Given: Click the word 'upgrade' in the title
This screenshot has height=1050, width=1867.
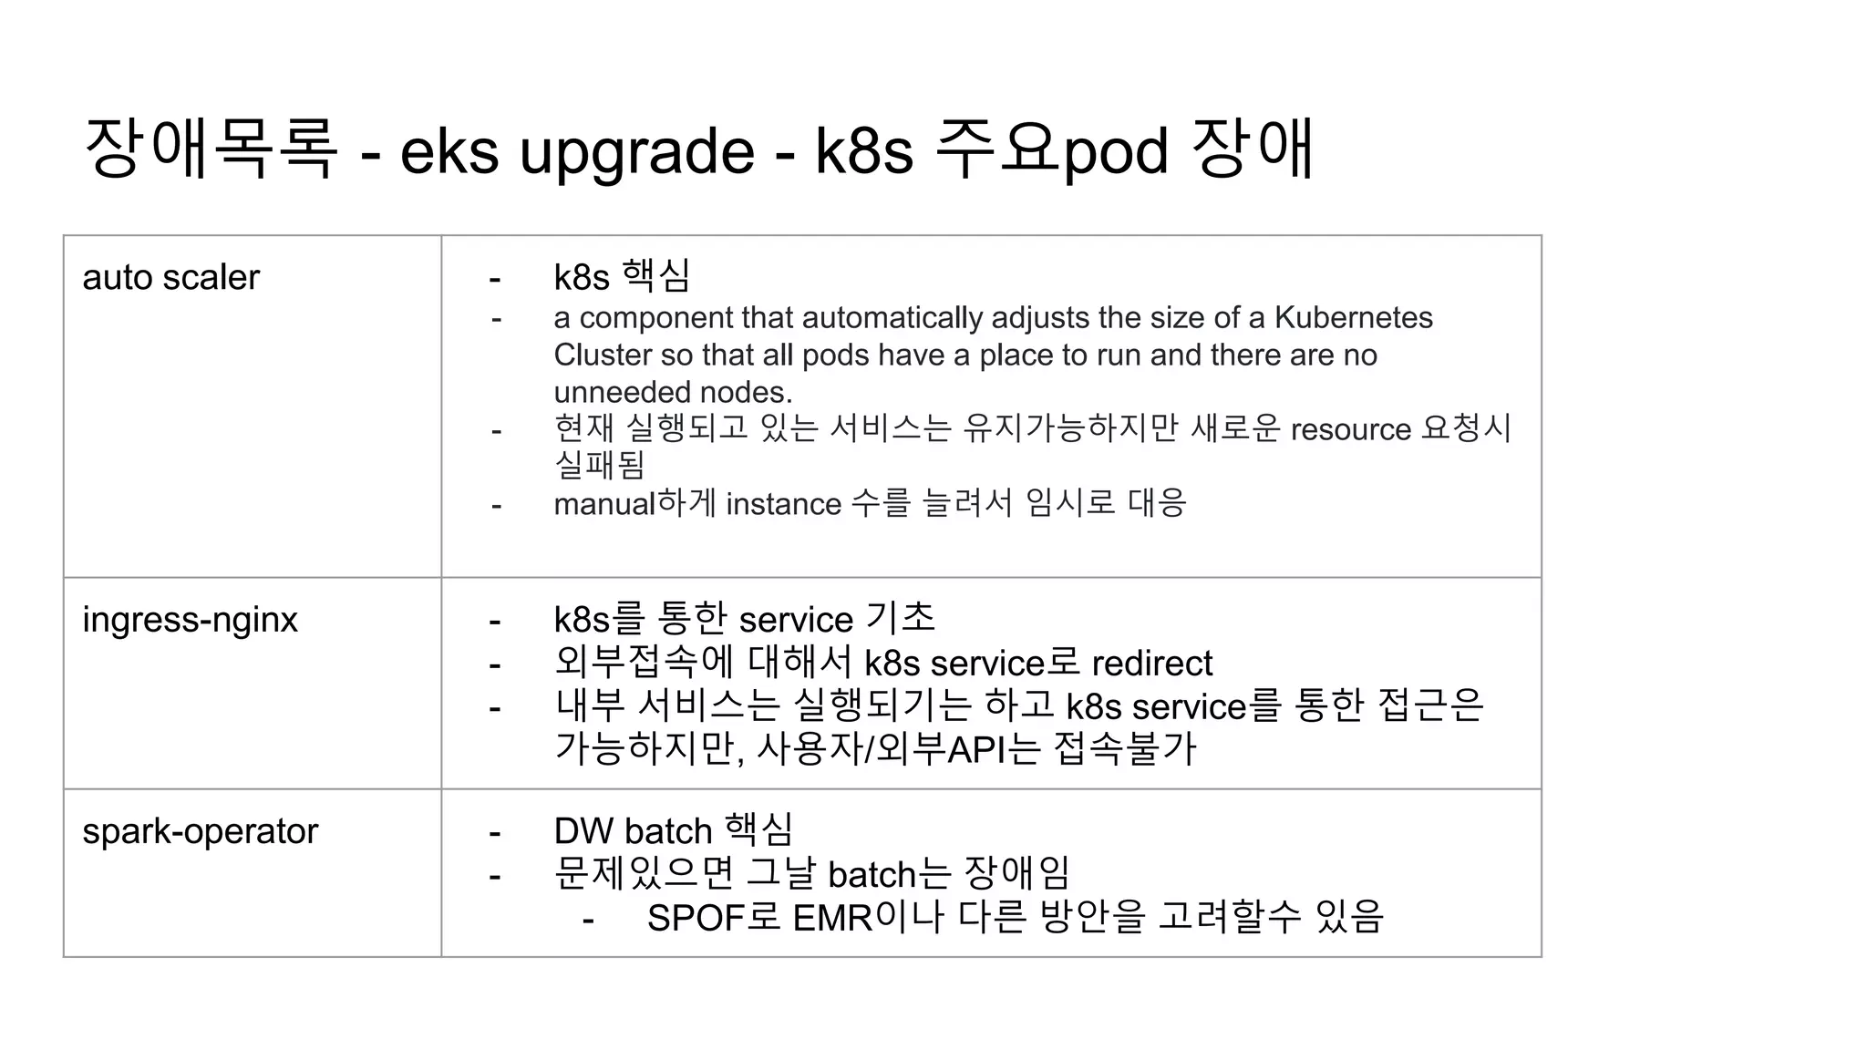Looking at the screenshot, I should [636, 151].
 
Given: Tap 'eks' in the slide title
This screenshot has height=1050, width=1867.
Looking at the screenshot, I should [449, 151].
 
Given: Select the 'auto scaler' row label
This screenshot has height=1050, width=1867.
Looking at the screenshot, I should [170, 277].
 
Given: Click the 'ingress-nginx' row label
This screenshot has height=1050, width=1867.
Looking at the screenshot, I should [190, 620].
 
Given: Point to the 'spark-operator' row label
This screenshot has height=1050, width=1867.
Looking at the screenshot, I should [200, 831].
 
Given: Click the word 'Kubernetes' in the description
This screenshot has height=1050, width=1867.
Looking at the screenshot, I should [1353, 317].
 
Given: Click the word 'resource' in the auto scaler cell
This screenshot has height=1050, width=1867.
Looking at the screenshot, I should [1350, 429].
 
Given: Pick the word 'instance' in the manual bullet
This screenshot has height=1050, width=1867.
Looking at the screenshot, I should [783, 504].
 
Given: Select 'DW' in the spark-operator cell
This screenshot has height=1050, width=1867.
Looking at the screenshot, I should [583, 831].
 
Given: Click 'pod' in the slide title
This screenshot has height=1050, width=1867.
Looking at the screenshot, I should [1115, 151].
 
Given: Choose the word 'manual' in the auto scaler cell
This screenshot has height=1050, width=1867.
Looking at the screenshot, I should [604, 504].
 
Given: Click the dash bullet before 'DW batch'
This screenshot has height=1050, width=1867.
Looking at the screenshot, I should [495, 833].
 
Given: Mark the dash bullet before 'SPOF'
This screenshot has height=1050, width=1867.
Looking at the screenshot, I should [588, 920].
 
